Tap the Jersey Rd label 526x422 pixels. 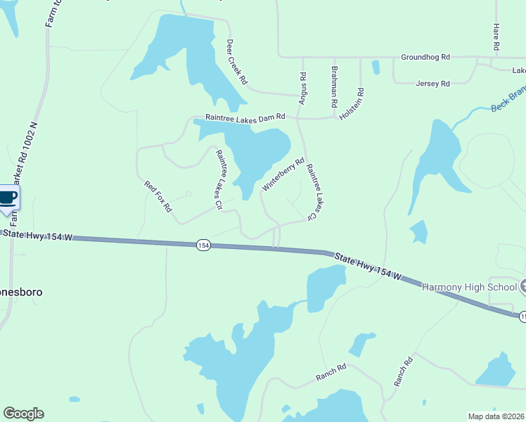pyautogui.click(x=432, y=84)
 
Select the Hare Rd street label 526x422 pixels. pyautogui.click(x=496, y=37)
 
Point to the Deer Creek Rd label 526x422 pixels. pyautogui.click(x=237, y=62)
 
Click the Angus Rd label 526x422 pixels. pyautogui.click(x=303, y=89)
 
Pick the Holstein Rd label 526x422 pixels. pyautogui.click(x=352, y=103)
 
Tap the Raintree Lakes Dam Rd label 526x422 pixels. pyautogui.click(x=245, y=117)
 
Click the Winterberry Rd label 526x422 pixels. pyautogui.click(x=283, y=174)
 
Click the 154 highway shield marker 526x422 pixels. pyautogui.click(x=203, y=245)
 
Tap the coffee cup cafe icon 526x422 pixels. pyautogui.click(x=7, y=197)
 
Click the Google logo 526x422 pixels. pyautogui.click(x=23, y=414)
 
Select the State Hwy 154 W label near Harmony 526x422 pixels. pyautogui.click(x=367, y=267)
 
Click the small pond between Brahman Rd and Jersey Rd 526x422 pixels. pyautogui.click(x=376, y=68)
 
